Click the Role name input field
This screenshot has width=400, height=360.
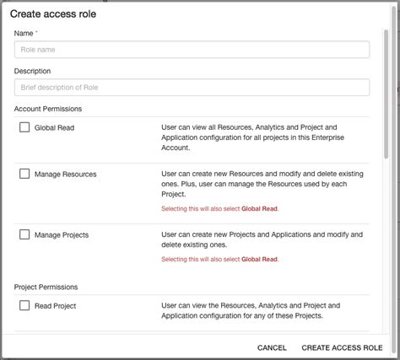192,50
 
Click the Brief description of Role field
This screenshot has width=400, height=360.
192,88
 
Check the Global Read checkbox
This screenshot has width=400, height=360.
24,127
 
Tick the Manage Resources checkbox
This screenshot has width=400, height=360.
24,174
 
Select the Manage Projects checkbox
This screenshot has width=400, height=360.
24,234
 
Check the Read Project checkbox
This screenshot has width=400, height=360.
24,305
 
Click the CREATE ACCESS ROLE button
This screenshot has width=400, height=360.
342,347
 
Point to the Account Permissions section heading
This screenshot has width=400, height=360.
47,109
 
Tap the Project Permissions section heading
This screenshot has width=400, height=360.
46,287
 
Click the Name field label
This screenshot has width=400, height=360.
24,33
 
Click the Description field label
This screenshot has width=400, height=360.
32,71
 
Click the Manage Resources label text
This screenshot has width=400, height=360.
65,175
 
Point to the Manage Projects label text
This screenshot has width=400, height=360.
62,235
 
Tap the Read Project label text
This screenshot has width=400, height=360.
55,306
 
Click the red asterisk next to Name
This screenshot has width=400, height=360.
37,32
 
